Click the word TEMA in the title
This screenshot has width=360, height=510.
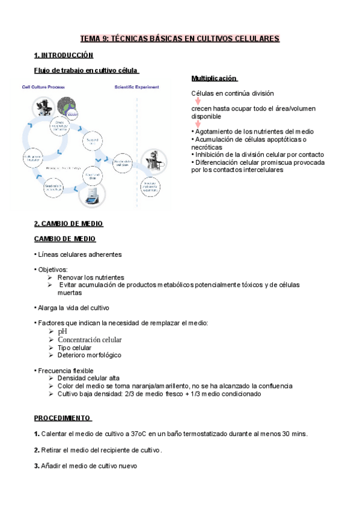tap(91, 38)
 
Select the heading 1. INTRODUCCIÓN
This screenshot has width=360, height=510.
tap(64, 55)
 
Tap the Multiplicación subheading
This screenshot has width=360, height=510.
tap(215, 79)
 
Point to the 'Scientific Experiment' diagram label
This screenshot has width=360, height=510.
tap(137, 87)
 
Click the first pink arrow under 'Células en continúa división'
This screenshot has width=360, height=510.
tap(197, 101)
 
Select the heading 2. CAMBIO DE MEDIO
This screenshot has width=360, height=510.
tap(69, 224)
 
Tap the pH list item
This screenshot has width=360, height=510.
tap(63, 331)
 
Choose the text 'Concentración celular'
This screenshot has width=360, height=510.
tap(90, 340)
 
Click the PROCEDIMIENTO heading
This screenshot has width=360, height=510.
tap(62, 417)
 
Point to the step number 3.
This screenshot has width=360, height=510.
tap(37, 465)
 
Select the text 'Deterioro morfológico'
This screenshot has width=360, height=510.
tap(89, 355)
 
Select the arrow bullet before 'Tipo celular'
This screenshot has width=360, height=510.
tap(50, 348)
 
